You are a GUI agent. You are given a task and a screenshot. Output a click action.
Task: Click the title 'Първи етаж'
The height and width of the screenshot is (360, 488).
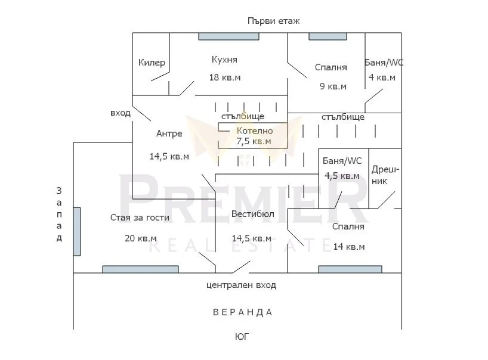tap(274, 21)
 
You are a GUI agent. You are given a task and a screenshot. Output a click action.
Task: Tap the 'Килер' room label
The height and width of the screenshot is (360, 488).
tap(152, 63)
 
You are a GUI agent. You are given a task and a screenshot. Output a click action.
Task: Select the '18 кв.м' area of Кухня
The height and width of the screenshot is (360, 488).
tap(225, 77)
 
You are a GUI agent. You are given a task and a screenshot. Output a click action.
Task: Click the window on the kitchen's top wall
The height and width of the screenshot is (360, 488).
tap(228, 36)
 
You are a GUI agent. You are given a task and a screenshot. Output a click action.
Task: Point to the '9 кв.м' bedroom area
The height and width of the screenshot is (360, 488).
tap(333, 86)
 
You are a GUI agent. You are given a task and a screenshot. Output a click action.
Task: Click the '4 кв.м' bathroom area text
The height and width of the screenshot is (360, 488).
tap(382, 77)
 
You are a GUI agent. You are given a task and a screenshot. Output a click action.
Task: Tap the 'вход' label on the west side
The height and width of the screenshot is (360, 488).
tap(121, 113)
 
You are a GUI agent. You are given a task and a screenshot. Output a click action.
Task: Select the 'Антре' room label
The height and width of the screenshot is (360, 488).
tap(169, 134)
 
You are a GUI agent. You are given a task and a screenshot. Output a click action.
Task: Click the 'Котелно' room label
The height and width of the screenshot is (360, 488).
tap(255, 131)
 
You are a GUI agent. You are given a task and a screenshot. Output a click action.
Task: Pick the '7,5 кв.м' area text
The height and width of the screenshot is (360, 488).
tap(254, 141)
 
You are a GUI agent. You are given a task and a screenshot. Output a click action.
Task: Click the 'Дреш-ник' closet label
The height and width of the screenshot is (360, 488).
tap(385, 175)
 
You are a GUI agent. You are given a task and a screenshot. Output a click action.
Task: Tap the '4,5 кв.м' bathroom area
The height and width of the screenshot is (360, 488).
tap(342, 176)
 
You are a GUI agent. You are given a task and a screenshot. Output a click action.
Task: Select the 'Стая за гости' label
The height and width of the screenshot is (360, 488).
tap(140, 218)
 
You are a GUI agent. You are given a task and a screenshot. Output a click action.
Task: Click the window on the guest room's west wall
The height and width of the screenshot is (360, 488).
tap(77, 232)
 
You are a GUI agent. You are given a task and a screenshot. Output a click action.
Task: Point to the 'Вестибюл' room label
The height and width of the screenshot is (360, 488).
tap(253, 214)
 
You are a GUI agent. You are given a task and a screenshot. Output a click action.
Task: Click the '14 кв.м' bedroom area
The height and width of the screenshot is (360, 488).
tap(349, 247)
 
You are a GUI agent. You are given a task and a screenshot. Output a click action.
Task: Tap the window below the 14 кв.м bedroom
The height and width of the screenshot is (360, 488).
tap(350, 269)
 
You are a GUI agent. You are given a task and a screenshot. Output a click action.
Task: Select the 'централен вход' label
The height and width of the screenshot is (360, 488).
tap(241, 285)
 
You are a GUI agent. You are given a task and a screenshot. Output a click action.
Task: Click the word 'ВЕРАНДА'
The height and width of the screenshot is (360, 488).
tap(242, 312)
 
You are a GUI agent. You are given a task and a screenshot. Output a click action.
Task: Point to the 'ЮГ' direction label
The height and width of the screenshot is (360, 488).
tap(242, 337)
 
